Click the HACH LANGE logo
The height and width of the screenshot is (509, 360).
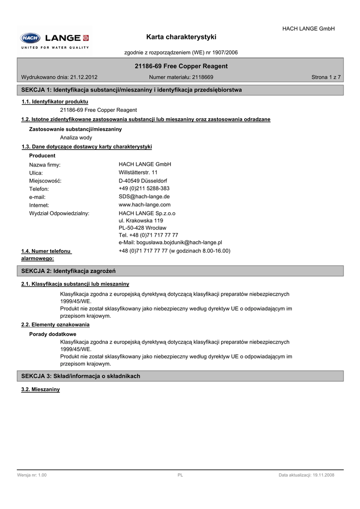pos(55,39)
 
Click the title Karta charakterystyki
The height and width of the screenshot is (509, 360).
pos(181,37)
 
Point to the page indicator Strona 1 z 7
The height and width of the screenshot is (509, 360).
pos(326,78)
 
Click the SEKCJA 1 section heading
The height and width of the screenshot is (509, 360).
pos(132,90)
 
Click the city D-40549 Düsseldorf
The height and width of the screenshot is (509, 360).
pos(143,180)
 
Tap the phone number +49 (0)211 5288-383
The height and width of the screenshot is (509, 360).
pos(144,188)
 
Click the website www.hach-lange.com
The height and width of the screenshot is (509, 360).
pos(145,204)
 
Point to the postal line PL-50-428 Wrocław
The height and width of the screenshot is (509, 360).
pos(142,228)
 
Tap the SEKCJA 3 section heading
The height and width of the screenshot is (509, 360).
pos(81,376)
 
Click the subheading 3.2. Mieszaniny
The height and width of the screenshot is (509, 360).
pos(40,389)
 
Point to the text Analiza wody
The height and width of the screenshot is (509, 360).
pos(76,137)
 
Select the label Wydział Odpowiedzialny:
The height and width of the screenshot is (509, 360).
pos(59,213)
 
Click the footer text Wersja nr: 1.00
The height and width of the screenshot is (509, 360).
pos(32,475)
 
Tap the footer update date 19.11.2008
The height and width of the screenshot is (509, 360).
pos(322,475)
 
